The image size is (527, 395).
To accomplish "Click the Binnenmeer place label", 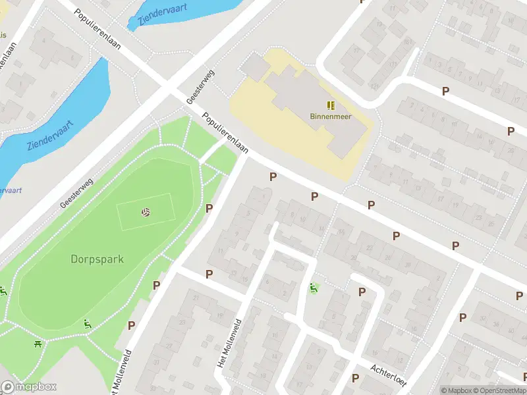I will [331, 117].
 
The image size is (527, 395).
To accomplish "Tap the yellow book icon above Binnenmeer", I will [331, 105].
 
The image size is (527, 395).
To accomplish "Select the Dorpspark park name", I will [97, 259].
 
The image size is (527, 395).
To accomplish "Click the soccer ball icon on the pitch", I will [145, 212].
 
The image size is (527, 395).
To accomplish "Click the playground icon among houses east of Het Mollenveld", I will [313, 288].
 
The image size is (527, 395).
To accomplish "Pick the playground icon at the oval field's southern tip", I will [87, 324].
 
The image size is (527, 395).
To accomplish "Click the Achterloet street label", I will [389, 377].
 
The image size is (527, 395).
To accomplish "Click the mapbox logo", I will [29, 387].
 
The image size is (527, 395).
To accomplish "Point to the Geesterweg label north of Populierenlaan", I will [201, 88].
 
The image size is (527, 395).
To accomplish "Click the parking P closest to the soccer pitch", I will [209, 209].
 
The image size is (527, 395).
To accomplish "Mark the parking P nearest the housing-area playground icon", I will [361, 292].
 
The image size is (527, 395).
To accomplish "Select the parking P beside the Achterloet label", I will [356, 378].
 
